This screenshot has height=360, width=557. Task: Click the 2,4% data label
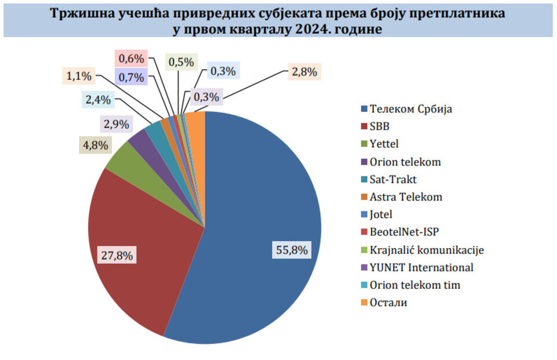(97, 100)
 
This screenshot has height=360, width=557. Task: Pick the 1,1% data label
(78, 75)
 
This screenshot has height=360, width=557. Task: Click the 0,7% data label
(131, 77)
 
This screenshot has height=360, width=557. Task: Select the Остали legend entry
(388, 303)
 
